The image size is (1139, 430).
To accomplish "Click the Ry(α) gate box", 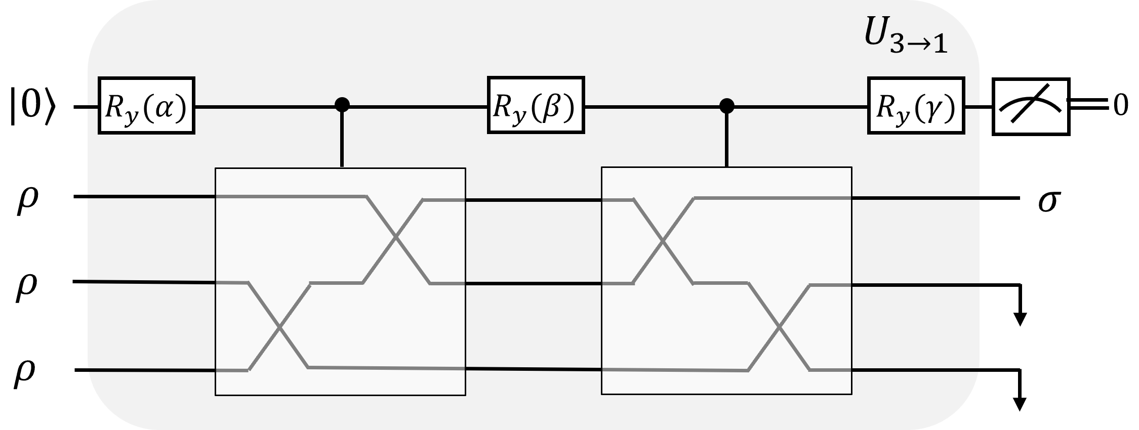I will pyautogui.click(x=146, y=106).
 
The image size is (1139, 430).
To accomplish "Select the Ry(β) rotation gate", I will pyautogui.click(x=536, y=105).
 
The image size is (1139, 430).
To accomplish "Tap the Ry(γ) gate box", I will pyautogui.click(x=916, y=106).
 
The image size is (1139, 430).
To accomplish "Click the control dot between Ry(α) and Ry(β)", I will pyautogui.click(x=343, y=105).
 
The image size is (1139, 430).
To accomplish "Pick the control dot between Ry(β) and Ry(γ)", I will pyautogui.click(x=727, y=105).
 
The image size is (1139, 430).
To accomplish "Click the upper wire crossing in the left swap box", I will pyautogui.click(x=396, y=237).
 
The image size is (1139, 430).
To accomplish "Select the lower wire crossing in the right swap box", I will pyautogui.click(x=780, y=328).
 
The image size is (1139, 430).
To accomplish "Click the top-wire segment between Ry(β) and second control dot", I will pyautogui.click(x=653, y=106).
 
